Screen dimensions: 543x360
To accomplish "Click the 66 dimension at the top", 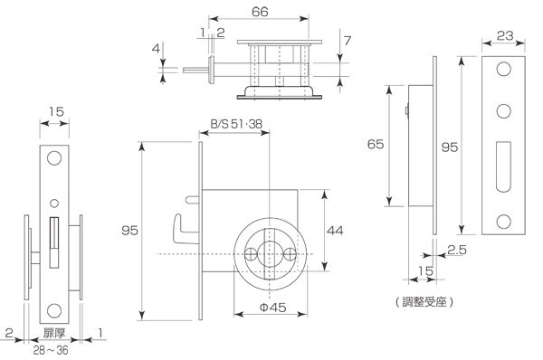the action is click(260, 12).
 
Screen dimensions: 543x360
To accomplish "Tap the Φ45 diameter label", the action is click(273, 307).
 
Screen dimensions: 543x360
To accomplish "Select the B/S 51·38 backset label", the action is click(236, 124).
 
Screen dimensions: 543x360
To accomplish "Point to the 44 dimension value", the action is click(335, 231).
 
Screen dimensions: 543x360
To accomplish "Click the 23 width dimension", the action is click(505, 35).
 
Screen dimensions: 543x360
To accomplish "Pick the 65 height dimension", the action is click(376, 144).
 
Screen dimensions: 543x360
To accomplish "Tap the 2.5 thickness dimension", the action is click(457, 250).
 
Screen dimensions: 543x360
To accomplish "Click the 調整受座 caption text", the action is click(424, 302).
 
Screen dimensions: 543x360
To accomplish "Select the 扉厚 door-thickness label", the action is click(54, 333).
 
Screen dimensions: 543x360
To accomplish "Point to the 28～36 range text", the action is click(51, 350).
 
